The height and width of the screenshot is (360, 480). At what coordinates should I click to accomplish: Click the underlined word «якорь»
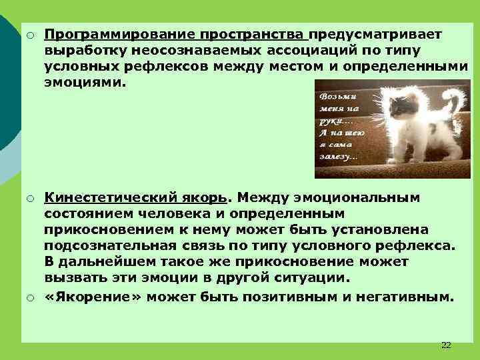[x=209, y=197]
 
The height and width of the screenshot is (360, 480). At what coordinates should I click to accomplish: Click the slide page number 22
[x=446, y=345]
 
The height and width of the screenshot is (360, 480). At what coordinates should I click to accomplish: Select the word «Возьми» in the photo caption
[x=333, y=95]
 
